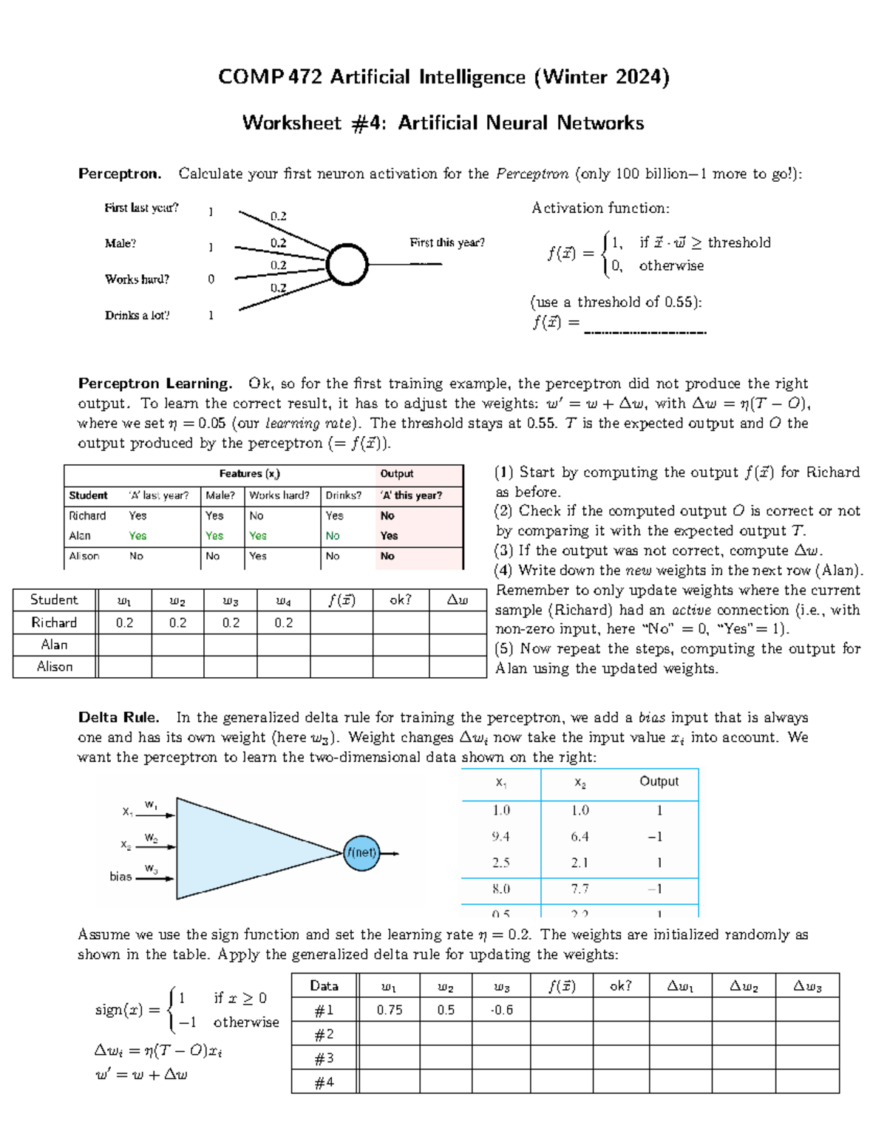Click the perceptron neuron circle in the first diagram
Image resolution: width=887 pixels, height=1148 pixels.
coord(347,265)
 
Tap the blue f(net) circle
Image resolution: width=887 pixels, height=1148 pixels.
coord(361,852)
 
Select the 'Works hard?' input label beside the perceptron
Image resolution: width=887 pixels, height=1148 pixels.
coord(137,279)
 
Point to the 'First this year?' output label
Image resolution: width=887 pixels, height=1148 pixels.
coord(447,242)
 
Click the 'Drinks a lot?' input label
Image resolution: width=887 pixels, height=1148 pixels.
coord(137,315)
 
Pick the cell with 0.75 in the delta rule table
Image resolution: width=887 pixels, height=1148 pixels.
coord(390,1010)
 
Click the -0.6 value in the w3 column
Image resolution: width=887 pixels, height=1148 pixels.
coord(502,1010)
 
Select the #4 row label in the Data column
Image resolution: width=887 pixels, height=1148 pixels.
coord(324,1081)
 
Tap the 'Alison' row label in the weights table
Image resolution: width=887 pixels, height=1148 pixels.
coord(55,666)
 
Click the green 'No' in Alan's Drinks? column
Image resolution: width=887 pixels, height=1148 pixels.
coord(333,536)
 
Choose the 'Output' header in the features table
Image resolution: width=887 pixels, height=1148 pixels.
coord(397,474)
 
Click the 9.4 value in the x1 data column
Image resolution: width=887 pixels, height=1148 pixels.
coord(500,836)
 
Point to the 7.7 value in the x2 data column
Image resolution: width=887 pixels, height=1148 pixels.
coord(580,889)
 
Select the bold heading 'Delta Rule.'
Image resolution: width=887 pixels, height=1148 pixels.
coord(118,717)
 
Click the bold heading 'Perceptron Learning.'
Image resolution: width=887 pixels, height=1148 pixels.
coord(155,383)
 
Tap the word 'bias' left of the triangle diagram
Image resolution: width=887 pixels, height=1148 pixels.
coord(120,876)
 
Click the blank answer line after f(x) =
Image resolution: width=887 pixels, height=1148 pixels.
coord(645,330)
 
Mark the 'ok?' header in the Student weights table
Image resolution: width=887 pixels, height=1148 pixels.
coord(400,600)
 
